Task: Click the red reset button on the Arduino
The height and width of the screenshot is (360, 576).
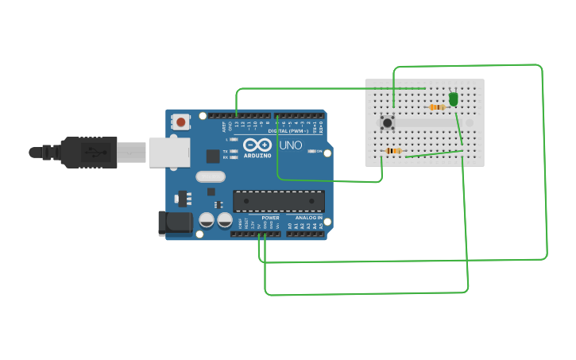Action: click(x=181, y=122)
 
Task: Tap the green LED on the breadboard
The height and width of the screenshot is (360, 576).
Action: click(x=454, y=99)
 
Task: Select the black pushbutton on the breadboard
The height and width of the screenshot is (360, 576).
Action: click(x=387, y=122)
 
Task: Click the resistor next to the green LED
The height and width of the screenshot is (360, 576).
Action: click(x=436, y=107)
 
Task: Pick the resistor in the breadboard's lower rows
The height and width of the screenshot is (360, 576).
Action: click(x=393, y=150)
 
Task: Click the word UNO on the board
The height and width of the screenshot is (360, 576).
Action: click(x=289, y=145)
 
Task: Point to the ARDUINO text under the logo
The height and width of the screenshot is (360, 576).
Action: click(x=257, y=155)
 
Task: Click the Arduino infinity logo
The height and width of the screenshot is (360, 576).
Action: click(x=257, y=145)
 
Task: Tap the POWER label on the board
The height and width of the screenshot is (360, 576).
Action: click(x=270, y=217)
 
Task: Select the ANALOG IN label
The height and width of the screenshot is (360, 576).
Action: click(x=308, y=217)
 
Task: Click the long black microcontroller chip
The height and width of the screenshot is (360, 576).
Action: click(x=278, y=201)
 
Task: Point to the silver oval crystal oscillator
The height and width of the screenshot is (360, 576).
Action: click(x=210, y=177)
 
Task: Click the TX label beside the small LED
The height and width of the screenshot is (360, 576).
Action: click(x=226, y=150)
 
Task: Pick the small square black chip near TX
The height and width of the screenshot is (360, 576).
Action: click(x=213, y=156)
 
